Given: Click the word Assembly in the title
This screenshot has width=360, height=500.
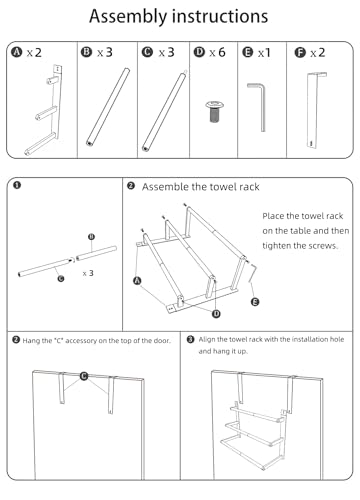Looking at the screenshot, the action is (128, 16).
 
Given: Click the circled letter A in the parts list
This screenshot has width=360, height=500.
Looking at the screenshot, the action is (16, 52).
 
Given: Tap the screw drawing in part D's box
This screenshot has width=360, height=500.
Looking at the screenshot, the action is (214, 111).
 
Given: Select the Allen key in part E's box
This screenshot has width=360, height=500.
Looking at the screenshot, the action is (257, 107).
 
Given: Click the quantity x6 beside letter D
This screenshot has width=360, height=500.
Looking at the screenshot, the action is (217, 52).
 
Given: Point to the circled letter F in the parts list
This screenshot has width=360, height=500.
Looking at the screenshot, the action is (300, 53).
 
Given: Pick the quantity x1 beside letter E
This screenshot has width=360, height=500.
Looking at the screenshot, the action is (264, 53).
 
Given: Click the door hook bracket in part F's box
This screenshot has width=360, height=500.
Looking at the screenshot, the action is (315, 110).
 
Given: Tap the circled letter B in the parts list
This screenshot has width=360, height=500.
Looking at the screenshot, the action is (86, 52).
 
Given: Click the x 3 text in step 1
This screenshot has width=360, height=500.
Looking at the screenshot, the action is (88, 273).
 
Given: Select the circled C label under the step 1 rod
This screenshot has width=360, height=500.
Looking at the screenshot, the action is (61, 279).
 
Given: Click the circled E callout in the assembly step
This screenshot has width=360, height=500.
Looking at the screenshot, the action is (255, 302).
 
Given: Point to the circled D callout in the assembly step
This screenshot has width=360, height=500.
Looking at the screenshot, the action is (217, 314).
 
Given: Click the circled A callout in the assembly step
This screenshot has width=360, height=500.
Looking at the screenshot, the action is (137, 281).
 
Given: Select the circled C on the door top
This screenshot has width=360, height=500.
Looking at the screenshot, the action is (84, 376).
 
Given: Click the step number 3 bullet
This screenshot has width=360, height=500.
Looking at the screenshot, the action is (190, 339).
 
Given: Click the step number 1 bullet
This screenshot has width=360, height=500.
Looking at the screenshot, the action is (17, 185).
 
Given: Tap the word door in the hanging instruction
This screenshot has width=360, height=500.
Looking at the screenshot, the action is (161, 341).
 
